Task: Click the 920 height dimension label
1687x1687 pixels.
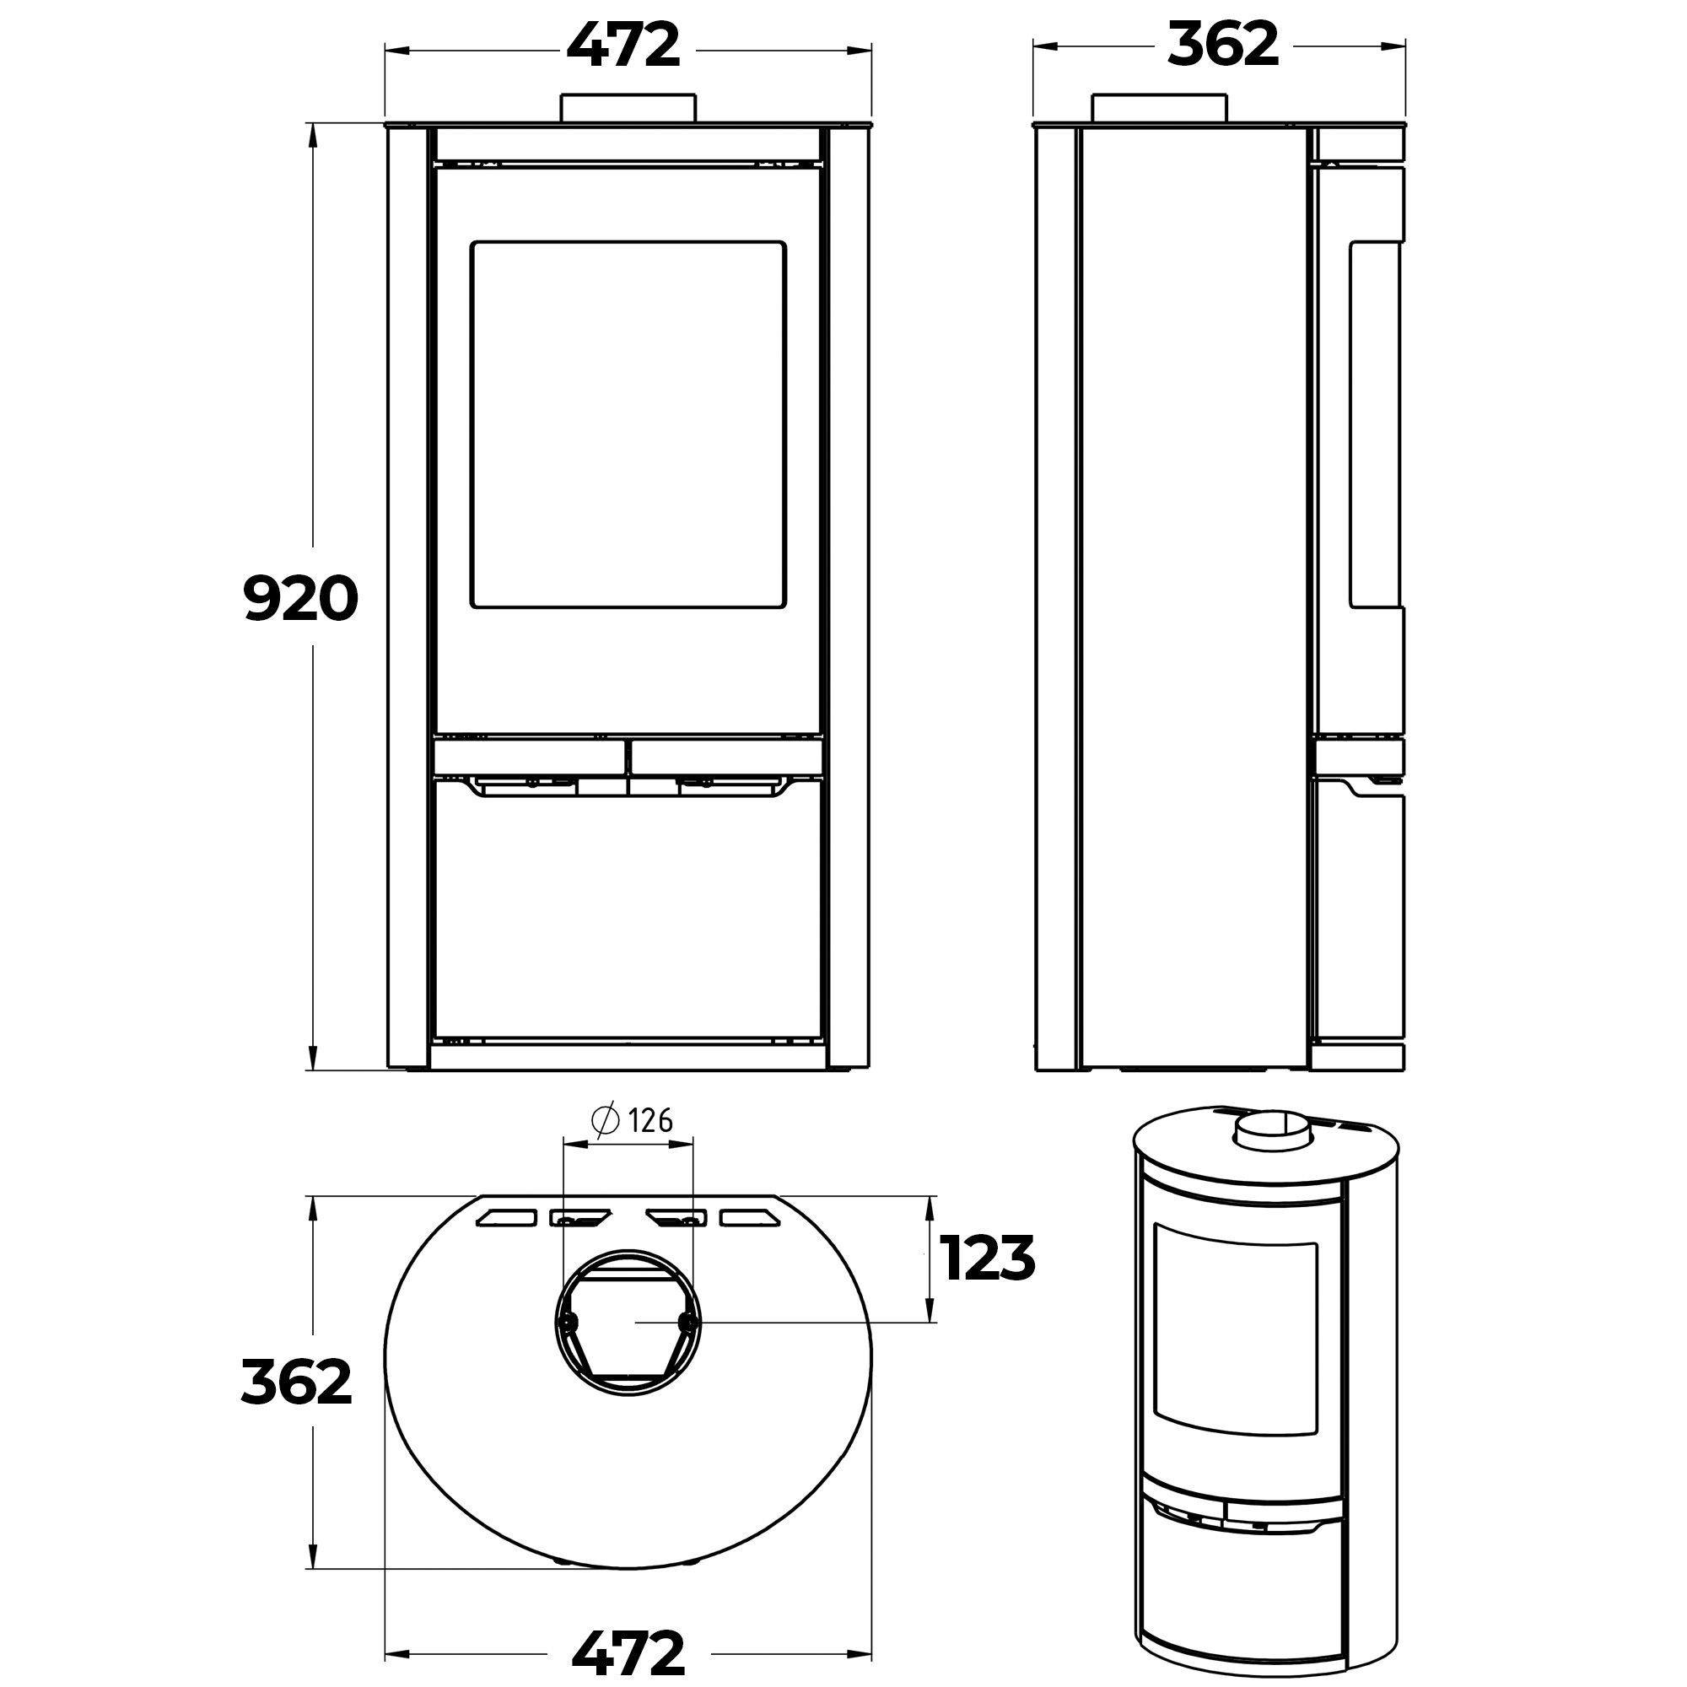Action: [300, 598]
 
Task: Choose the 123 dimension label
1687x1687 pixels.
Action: [988, 1259]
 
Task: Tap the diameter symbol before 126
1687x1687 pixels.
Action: [605, 1120]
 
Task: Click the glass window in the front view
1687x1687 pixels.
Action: [628, 424]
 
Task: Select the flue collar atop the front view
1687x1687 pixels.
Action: [628, 108]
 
